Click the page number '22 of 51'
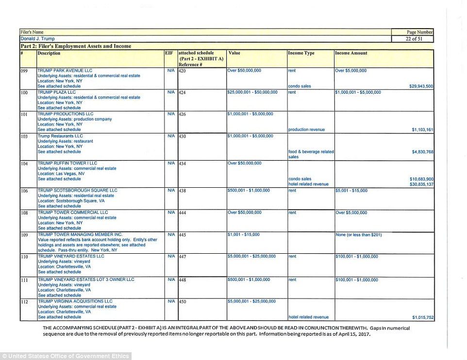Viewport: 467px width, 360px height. coord(412,39)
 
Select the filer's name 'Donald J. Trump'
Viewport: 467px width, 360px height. coord(37,39)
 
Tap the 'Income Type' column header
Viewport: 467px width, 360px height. coord(301,53)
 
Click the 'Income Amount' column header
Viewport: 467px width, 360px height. coord(351,53)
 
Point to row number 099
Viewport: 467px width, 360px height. coord(24,71)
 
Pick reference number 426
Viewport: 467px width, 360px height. coord(183,115)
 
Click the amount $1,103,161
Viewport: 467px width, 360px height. coord(421,130)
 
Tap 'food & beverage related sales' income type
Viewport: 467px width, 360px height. coord(311,154)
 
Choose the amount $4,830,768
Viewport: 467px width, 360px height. coord(422,152)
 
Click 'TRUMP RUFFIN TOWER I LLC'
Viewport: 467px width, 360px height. coord(67,164)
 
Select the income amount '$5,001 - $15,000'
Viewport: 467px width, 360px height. coord(351,191)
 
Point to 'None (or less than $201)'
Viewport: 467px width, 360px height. coord(359,235)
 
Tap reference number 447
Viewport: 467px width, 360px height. coord(183,257)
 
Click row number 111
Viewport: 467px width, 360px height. coord(24,281)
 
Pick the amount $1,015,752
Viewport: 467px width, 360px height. coord(422,317)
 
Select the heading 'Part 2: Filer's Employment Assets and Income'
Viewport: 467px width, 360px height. coord(76,46)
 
